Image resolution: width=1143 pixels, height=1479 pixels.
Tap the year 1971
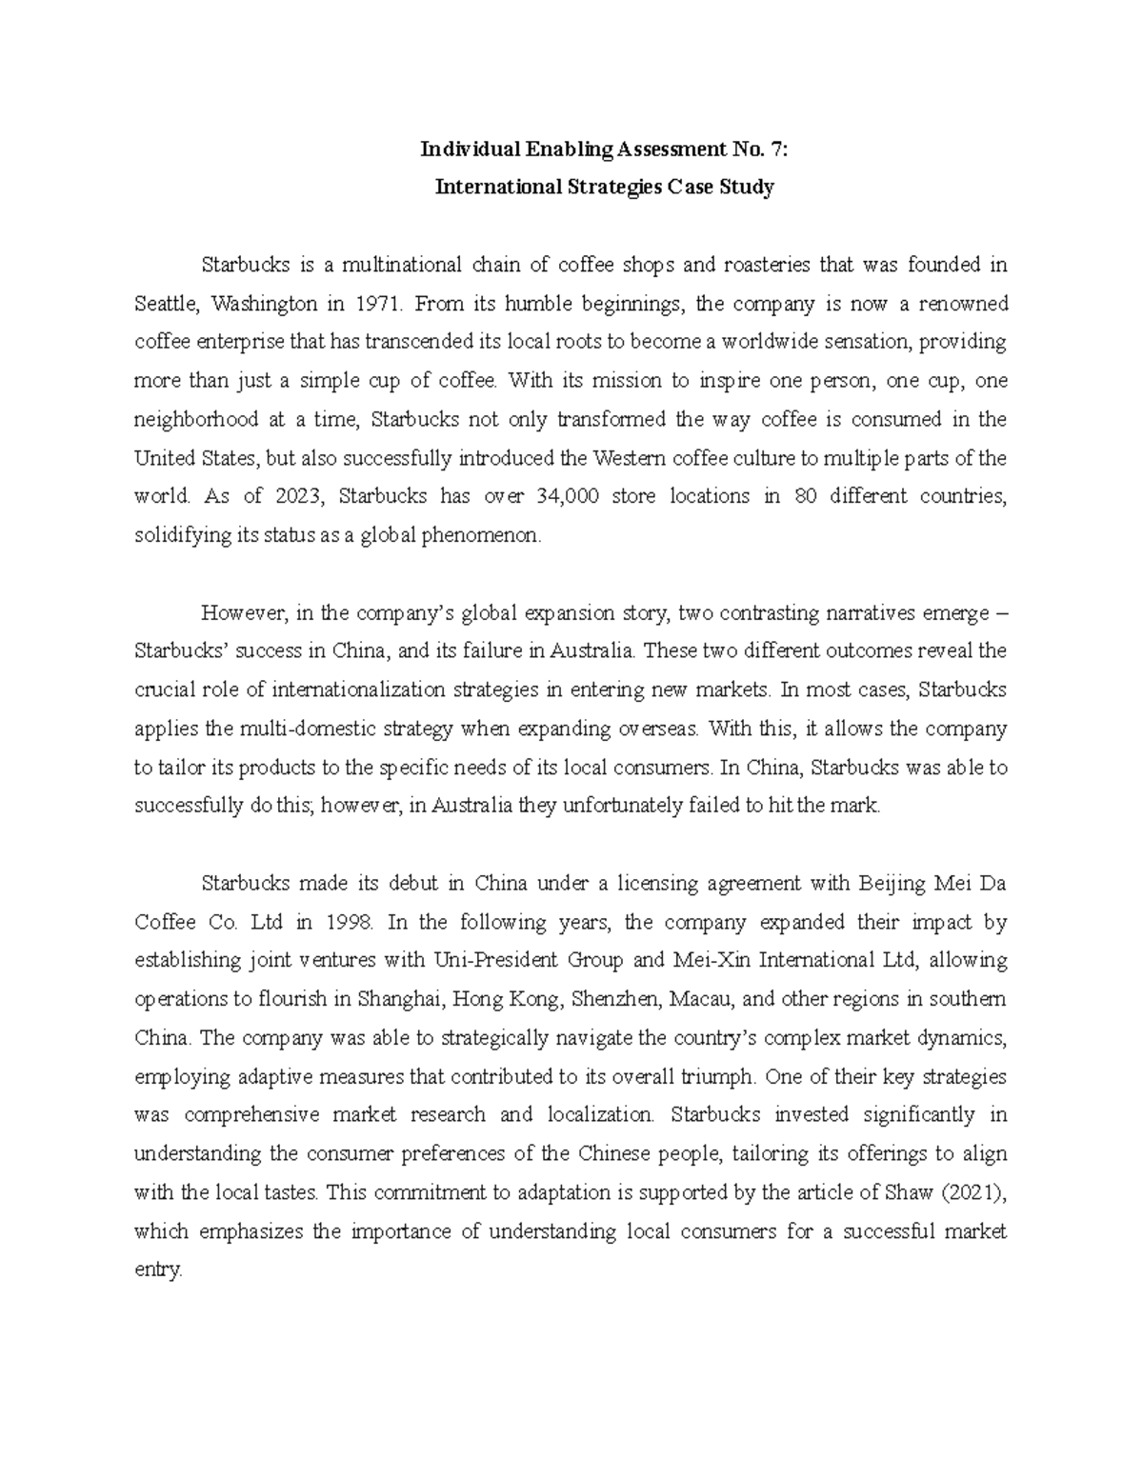pos(380,304)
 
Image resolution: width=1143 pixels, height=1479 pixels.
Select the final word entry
pos(157,1270)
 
